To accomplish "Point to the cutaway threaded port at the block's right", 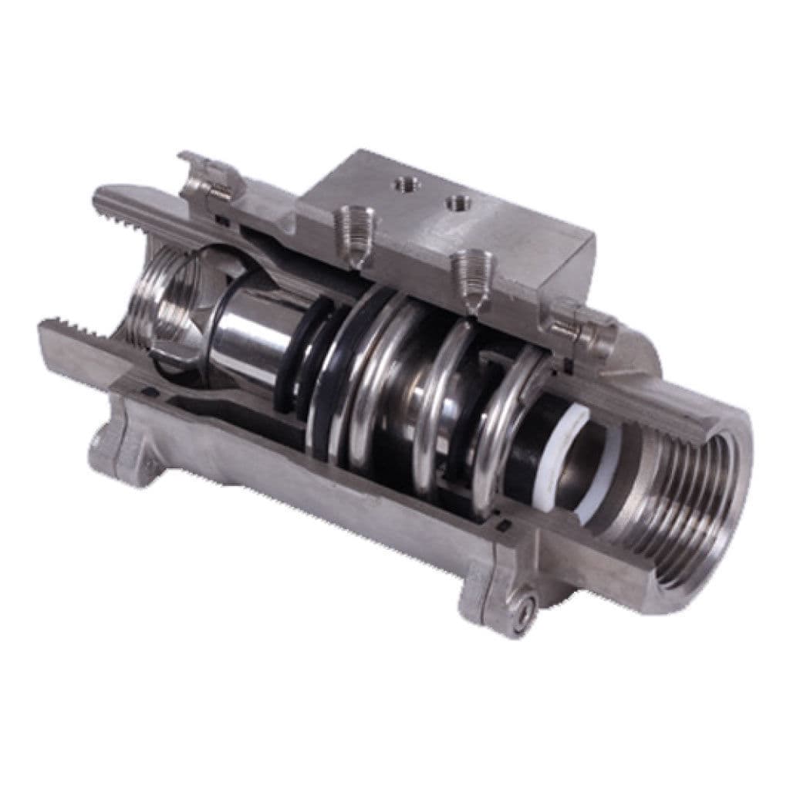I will coord(471,281).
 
